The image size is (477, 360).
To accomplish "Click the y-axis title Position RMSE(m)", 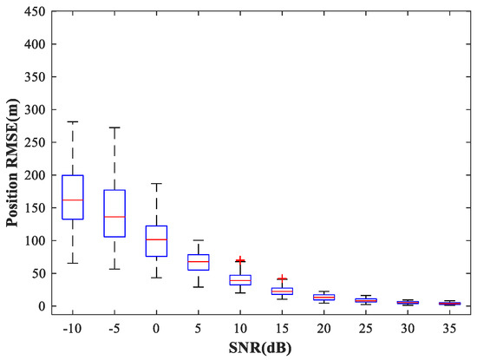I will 12,160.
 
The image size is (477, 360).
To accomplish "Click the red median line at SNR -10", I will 73,200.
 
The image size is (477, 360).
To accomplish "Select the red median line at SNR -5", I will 114,217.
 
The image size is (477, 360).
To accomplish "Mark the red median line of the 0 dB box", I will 156,239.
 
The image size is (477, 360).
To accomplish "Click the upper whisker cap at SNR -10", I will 73,122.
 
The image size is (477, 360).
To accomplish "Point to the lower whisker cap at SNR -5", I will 114,269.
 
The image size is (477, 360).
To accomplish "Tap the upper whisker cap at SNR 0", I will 156,184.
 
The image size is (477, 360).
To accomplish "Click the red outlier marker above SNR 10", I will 240,259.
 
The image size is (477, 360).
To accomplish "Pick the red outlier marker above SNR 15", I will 283,278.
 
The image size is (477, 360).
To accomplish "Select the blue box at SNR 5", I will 199,262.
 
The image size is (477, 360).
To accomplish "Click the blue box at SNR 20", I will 324,297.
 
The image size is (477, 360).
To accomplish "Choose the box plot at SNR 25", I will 366,300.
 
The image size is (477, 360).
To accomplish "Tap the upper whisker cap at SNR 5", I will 199,240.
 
